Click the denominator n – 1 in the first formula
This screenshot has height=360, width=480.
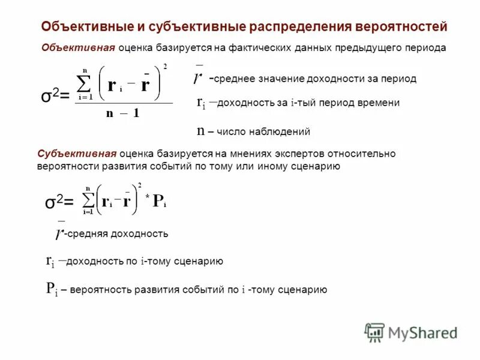(x=122, y=113)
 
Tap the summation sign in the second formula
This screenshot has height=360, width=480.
(x=88, y=199)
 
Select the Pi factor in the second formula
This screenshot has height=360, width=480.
(x=159, y=202)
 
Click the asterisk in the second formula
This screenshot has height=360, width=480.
(x=147, y=197)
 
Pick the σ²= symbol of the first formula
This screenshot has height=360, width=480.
(x=55, y=96)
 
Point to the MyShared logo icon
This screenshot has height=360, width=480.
(x=374, y=332)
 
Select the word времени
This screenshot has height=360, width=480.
(x=380, y=103)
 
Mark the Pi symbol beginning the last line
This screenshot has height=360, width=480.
(x=52, y=289)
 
